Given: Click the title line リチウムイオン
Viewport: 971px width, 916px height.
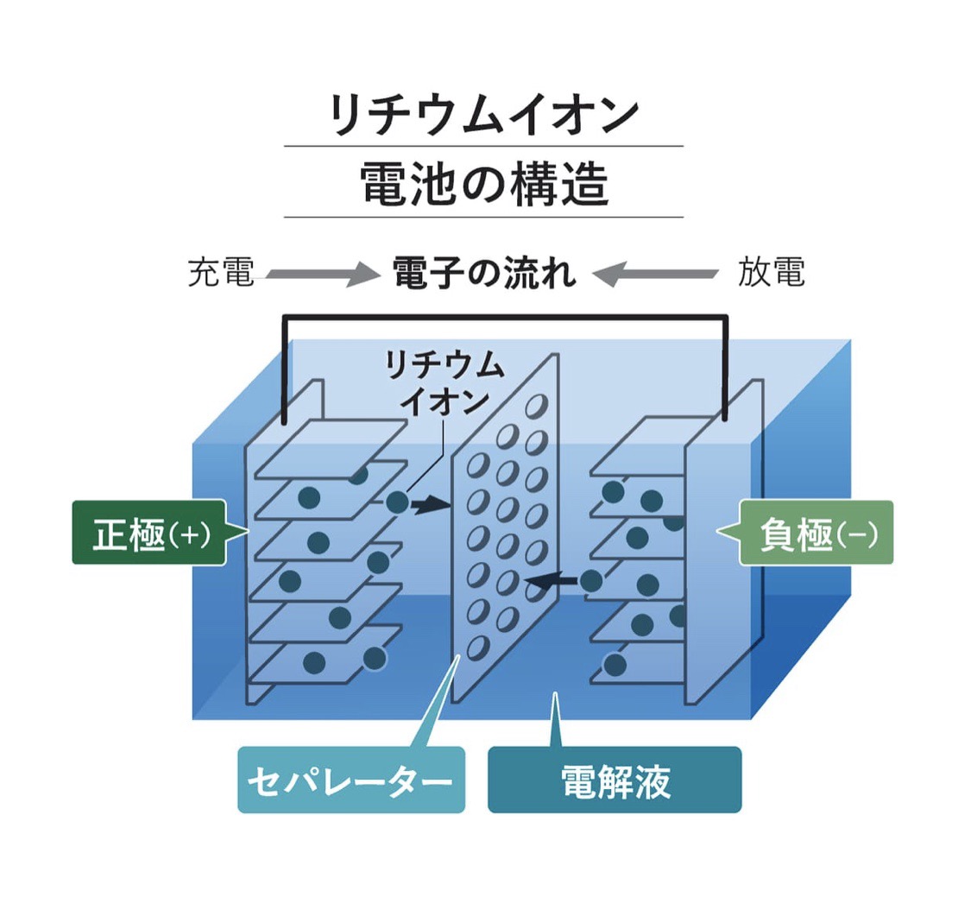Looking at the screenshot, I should point(484,116).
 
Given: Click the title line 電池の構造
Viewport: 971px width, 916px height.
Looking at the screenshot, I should point(484,185).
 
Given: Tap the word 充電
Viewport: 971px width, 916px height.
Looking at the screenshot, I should point(221,273).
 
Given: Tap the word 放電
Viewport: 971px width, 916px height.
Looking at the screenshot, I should point(771,273).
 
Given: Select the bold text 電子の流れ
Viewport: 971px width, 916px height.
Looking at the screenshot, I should point(484,274).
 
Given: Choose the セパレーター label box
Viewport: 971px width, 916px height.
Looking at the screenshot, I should point(350,781).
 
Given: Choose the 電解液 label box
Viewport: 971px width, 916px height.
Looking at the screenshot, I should point(615,781).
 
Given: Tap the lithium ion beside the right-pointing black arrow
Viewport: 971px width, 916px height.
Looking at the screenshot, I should point(397,502).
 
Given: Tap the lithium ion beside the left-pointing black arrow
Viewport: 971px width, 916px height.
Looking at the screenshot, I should point(591,581).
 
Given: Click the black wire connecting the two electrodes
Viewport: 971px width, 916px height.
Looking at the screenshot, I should point(505,319).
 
